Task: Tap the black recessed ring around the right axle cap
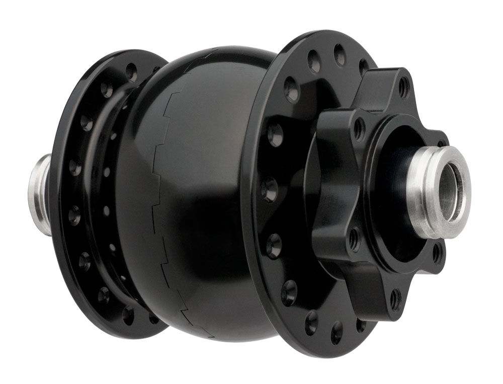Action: (x=397, y=191)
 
